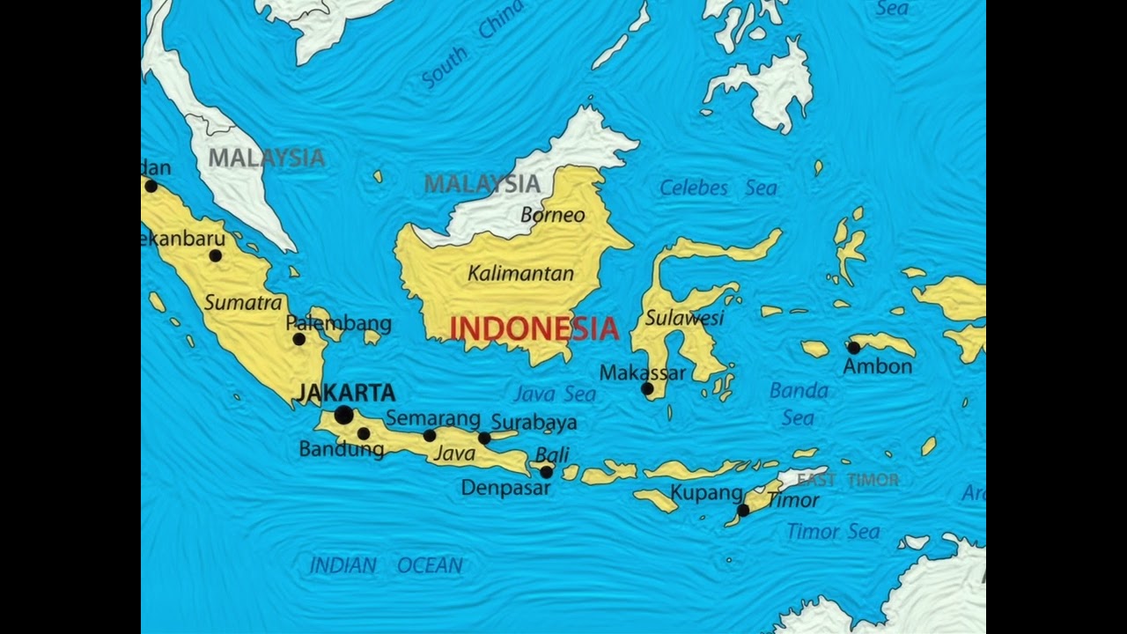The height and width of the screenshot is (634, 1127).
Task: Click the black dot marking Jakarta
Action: point(343,415)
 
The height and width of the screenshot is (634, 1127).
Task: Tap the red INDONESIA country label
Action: point(534,328)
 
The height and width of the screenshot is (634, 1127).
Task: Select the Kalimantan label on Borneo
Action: point(520,273)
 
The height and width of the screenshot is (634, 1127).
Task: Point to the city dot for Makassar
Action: point(647,388)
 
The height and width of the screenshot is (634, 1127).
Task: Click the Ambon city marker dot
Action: point(853,348)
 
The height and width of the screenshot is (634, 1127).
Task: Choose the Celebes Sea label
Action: point(718,188)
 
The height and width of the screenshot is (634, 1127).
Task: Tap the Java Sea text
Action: point(555,394)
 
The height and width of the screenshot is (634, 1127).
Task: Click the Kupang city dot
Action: point(743,510)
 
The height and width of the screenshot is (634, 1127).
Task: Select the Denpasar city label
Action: point(505,487)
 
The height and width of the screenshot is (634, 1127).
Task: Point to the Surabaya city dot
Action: point(484,438)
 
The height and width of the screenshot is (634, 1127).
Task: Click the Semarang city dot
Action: point(430,435)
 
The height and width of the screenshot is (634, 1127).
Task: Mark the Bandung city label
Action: point(342,449)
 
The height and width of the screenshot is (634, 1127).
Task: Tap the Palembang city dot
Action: point(298,339)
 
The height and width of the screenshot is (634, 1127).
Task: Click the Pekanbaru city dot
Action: point(215,255)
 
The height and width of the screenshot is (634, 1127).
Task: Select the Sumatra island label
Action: point(243,302)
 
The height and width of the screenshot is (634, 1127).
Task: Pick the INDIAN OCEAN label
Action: point(386,565)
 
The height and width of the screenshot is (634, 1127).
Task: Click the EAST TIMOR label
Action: point(848,480)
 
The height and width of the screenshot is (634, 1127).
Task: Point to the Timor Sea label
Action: point(833,531)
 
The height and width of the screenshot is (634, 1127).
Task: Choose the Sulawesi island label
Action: point(684,317)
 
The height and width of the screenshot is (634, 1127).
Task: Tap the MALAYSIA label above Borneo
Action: point(482,184)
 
